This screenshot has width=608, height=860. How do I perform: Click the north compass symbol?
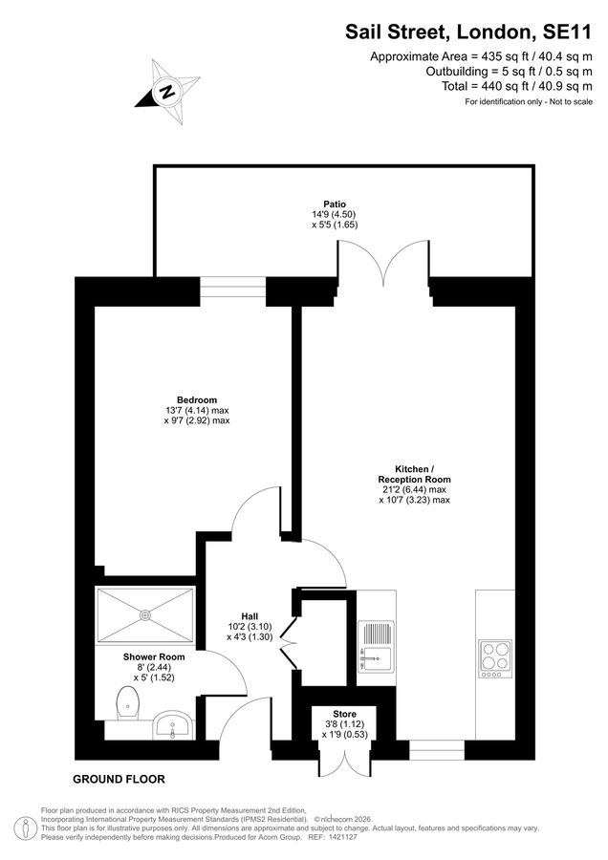pyautogui.click(x=168, y=93)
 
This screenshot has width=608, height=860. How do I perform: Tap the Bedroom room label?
pyautogui.click(x=197, y=399)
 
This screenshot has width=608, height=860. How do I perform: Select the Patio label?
pyautogui.click(x=335, y=204)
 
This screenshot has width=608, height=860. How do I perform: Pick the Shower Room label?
pyautogui.click(x=153, y=657)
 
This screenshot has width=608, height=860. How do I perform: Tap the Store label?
pyautogui.click(x=344, y=714)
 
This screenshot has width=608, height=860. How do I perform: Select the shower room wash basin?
pyautogui.click(x=173, y=726)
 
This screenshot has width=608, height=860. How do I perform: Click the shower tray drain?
pyautogui.click(x=146, y=614)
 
